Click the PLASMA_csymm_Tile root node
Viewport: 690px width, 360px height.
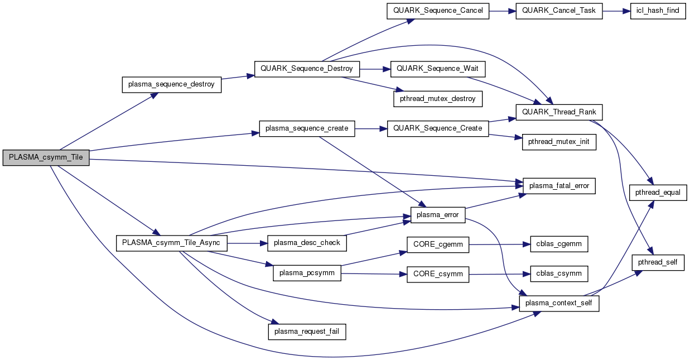pyautogui.click(x=46, y=157)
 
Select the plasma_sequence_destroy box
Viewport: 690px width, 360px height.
pyautogui.click(x=171, y=84)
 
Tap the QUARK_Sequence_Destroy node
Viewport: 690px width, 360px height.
pyautogui.click(x=307, y=69)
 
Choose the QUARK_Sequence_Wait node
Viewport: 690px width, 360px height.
pyautogui.click(x=438, y=69)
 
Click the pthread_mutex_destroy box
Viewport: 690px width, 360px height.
pyautogui.click(x=438, y=98)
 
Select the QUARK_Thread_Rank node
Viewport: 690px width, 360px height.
pyautogui.click(x=559, y=112)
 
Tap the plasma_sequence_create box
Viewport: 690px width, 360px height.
pyautogui.click(x=307, y=128)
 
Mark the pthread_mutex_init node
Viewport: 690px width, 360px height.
pyautogui.click(x=559, y=142)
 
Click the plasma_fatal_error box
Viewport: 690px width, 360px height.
pyautogui.click(x=559, y=185)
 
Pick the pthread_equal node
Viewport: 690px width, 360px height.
pyautogui.click(x=658, y=192)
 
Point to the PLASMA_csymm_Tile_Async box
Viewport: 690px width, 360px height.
pyautogui.click(x=171, y=243)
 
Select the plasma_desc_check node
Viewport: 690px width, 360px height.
pyautogui.click(x=307, y=243)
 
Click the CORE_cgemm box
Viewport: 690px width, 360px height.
pyautogui.click(x=438, y=244)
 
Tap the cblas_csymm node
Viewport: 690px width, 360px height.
pyautogui.click(x=554, y=273)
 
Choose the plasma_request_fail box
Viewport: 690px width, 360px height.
pyautogui.click(x=307, y=332)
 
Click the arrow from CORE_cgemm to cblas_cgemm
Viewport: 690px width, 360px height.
pyautogui.click(x=495, y=244)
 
